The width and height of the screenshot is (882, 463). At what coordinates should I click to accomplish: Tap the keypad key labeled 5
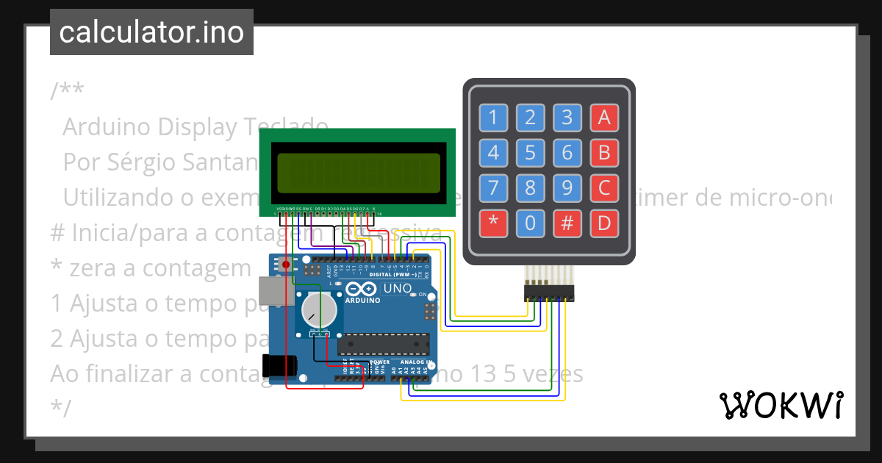coord(530,153)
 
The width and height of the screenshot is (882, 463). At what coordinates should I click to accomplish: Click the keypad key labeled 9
coord(567,188)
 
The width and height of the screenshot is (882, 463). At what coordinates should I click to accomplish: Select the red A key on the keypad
coord(604,118)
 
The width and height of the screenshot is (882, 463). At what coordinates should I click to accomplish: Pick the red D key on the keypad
coord(604,223)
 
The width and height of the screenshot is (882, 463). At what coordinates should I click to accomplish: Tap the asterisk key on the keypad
coord(493,223)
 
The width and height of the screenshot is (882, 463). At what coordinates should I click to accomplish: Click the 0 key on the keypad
coord(530,223)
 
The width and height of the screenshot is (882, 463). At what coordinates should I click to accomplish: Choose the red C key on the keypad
coord(604,188)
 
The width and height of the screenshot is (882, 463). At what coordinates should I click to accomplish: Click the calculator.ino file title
coord(151,32)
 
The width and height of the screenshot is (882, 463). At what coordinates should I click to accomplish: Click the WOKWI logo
coord(781,405)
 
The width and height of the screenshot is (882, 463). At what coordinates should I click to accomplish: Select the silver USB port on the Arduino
coord(271,292)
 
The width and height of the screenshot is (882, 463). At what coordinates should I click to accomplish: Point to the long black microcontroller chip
coord(383,343)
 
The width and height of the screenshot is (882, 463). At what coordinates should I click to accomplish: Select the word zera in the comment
coord(96,268)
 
